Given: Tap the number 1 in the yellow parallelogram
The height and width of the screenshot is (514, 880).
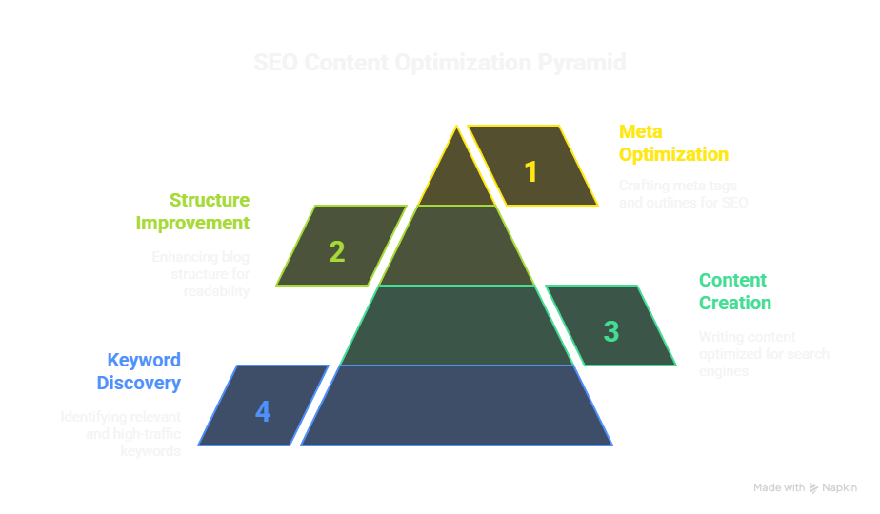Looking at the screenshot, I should tap(531, 172).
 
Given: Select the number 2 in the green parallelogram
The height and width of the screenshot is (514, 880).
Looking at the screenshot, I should tap(337, 251).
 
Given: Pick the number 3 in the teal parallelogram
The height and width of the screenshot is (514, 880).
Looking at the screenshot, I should tap(611, 331).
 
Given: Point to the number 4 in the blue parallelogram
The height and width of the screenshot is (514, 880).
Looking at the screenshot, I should tap(263, 411).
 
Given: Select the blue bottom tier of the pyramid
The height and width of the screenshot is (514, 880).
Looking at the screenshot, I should tap(456, 406).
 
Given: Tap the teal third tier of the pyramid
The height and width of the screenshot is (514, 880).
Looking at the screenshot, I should tap(456, 326).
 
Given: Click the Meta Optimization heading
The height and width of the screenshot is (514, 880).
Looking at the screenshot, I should tap(672, 143).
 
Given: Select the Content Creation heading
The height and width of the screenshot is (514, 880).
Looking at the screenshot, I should tap(734, 291).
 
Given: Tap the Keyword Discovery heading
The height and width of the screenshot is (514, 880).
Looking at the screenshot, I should tap(139, 371).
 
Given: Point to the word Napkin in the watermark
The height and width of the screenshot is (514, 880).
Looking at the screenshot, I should tap(840, 488).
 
